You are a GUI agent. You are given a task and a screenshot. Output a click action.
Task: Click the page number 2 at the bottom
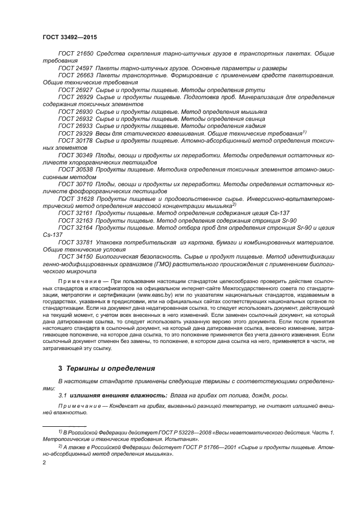tap(44, 463)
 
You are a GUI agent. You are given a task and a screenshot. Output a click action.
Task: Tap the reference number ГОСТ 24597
tap(75, 68)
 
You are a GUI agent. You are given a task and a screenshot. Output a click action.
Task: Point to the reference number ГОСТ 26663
tap(75, 75)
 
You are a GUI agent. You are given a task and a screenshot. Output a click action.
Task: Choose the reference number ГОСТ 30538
tap(75, 169)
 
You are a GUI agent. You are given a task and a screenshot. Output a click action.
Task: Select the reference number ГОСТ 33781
tap(75, 242)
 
